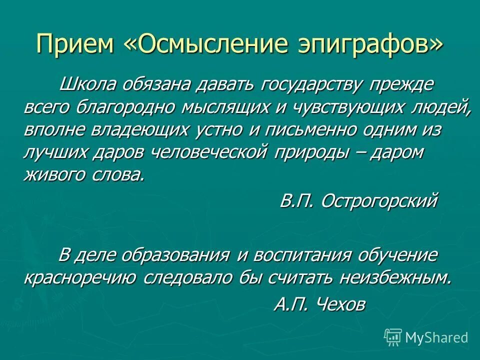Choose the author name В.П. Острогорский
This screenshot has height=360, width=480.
click(358, 200)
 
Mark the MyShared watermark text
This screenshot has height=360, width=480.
click(436, 337)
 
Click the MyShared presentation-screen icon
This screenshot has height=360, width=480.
click(393, 337)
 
